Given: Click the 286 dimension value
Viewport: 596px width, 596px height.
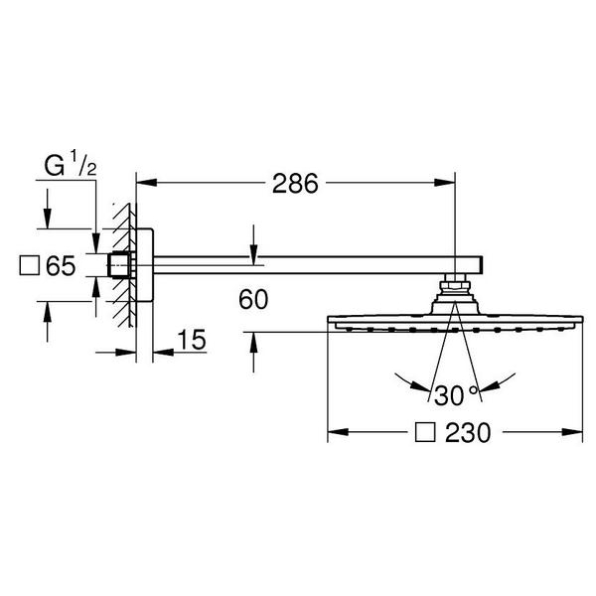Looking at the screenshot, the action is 295,184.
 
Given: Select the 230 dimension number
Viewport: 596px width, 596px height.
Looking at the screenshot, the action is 468,432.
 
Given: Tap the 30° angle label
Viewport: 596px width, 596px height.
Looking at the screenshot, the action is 455,395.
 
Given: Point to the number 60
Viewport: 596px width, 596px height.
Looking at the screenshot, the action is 253,299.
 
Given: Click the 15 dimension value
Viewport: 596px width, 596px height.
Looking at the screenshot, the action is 192,340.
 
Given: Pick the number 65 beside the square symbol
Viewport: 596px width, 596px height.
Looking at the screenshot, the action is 61,265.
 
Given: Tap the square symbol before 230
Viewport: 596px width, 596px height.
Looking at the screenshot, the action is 425,432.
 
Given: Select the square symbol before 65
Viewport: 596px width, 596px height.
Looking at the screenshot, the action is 29,265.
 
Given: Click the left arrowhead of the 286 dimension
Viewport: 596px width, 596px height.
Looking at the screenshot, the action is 146,183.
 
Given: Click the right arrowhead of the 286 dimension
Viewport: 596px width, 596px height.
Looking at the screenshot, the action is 445,183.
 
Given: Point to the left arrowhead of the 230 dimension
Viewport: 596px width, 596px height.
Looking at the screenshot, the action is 338,432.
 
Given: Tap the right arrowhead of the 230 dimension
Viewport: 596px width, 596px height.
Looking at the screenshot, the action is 572,432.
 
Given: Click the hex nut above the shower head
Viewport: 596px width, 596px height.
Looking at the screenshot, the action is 455,285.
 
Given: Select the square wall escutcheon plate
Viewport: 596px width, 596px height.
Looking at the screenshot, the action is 144,265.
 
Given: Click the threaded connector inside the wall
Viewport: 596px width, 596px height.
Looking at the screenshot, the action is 121,264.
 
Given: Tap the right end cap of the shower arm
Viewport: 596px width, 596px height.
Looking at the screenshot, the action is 481,265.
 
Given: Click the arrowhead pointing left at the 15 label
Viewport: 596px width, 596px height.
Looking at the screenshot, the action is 163,353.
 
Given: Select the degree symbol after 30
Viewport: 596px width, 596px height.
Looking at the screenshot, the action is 473,389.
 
